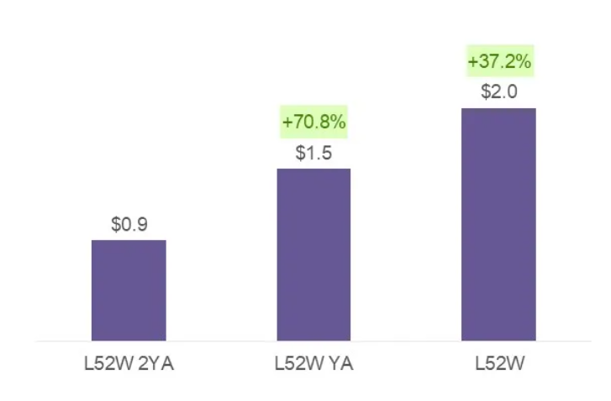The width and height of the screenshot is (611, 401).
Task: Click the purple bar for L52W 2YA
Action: click(129, 290)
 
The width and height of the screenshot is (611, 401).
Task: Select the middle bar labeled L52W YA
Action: click(313, 255)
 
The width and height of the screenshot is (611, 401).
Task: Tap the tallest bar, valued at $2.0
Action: click(498, 225)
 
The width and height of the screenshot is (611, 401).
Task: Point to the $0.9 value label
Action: click(129, 225)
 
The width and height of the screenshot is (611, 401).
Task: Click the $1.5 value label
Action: click(313, 154)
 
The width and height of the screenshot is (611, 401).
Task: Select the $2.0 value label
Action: click(498, 92)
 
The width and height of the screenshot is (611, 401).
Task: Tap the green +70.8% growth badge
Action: click(313, 122)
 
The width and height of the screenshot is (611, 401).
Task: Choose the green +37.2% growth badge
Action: click(498, 62)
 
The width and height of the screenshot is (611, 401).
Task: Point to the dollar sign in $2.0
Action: click(485, 92)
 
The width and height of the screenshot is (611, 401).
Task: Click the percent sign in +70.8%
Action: click(338, 122)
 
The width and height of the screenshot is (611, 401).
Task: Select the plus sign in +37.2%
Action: click(471, 62)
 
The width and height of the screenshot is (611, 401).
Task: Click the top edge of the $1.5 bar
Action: click(313, 169)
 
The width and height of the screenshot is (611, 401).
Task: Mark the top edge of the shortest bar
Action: click(129, 241)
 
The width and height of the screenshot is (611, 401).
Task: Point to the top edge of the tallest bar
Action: click(498, 109)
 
